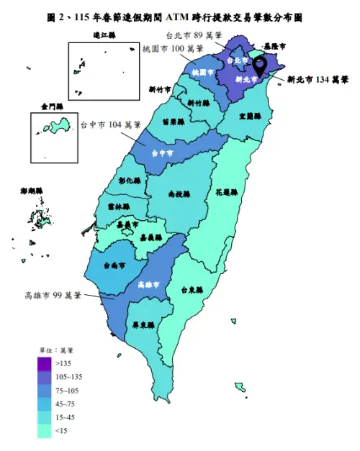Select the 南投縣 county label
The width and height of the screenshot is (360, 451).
tap(179, 194)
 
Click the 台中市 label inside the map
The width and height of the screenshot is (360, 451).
tap(163, 153)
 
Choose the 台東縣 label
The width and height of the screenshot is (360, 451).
tap(192, 291)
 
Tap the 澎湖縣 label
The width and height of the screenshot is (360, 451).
tap(32, 191)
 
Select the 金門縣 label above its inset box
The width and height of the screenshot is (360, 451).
tap(53, 106)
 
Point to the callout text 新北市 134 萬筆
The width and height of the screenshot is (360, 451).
tap(318, 80)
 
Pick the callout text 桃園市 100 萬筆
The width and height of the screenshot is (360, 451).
tap(173, 48)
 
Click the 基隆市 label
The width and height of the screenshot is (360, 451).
tap(274, 47)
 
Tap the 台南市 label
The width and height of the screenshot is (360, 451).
tap(115, 265)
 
